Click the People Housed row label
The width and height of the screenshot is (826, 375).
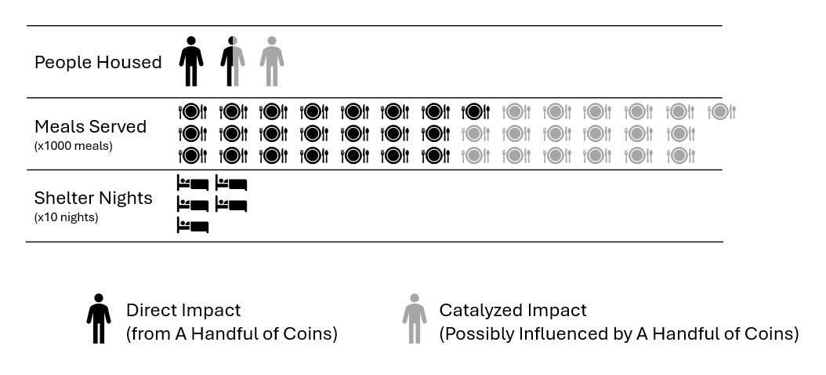98,63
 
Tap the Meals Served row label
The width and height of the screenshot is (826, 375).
90,126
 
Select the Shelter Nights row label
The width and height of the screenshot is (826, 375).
93,198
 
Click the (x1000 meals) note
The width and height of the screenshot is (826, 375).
74,145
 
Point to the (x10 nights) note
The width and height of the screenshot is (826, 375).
66,217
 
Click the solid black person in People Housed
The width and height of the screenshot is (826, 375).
191,61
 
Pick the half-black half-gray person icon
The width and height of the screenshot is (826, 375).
232,61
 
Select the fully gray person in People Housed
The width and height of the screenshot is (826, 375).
272,61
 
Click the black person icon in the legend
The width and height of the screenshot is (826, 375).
99,319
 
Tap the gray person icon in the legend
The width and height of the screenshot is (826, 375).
415,319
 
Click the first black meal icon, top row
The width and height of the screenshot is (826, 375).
193,112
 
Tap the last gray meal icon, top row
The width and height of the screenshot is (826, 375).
722,112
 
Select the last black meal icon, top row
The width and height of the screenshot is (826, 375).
476,112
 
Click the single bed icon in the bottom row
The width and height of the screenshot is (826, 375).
193,227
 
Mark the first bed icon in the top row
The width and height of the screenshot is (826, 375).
193,184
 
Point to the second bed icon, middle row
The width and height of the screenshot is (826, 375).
231,206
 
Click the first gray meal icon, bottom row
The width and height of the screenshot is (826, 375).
476,155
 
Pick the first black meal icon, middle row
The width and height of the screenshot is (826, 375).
193,134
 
